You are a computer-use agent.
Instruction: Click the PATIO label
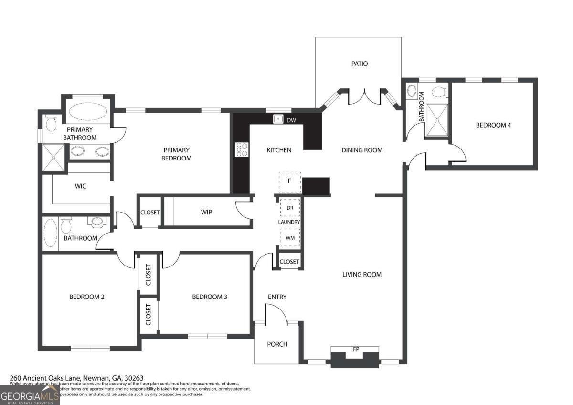click(x=360, y=64)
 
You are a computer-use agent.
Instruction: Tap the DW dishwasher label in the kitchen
click(x=291, y=120)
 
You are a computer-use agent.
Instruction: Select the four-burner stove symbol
click(x=242, y=149)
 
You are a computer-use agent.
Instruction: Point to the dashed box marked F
click(x=290, y=181)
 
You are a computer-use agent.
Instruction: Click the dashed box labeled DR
click(x=290, y=208)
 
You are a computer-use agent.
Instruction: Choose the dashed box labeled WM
click(x=290, y=237)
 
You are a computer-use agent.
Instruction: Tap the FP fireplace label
click(x=356, y=349)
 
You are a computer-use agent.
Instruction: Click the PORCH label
click(x=277, y=344)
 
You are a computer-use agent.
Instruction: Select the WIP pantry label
click(x=206, y=212)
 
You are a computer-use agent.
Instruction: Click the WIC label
click(x=81, y=186)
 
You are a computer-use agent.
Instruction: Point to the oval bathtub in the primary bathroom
click(x=88, y=112)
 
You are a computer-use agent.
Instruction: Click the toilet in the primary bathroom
click(x=51, y=124)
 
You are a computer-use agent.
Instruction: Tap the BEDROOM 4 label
click(x=493, y=125)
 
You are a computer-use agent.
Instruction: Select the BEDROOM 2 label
click(x=87, y=297)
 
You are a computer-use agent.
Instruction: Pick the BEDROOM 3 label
click(x=209, y=297)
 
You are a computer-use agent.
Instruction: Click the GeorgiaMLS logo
click(x=30, y=395)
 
